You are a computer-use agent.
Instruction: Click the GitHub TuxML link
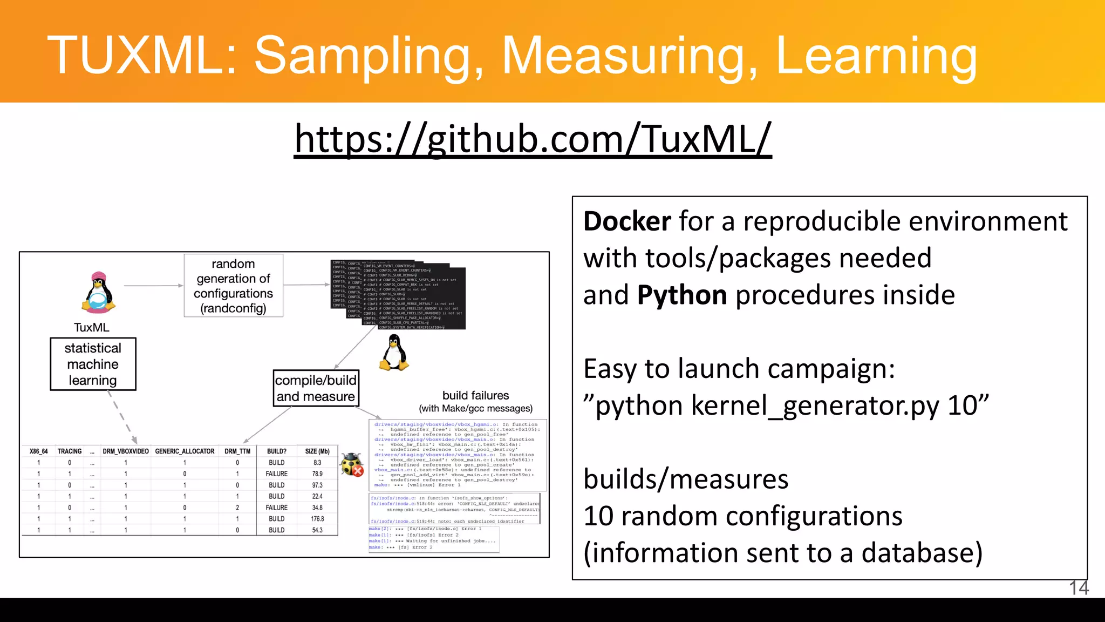533,139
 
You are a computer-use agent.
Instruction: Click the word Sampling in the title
369,56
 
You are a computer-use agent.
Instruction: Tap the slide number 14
1079,588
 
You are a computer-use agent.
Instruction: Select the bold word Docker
627,222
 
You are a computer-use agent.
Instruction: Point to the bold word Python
681,296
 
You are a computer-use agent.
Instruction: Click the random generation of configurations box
233,286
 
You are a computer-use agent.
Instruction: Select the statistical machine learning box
93,364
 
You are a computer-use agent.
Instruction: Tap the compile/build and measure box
316,388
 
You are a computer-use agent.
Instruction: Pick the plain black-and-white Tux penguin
394,353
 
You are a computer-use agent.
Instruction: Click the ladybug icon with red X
352,464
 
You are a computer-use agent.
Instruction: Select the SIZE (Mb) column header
317,451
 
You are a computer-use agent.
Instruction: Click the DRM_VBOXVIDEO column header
126,451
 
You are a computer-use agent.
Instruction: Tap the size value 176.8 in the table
317,519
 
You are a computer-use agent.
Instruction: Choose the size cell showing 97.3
317,485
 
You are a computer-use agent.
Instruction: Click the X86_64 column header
38,451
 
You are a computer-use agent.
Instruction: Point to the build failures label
475,396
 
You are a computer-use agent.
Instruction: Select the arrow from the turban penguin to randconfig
153,286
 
